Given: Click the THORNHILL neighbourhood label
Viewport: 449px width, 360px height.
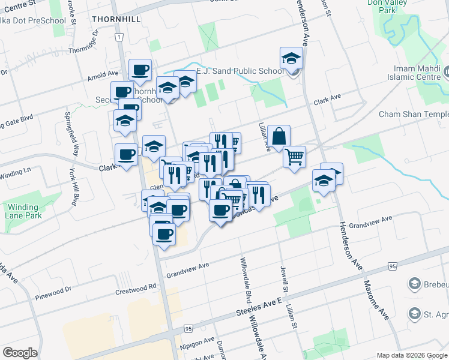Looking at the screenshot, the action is click(116, 19).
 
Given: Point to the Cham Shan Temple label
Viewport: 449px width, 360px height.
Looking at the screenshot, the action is click(414, 115).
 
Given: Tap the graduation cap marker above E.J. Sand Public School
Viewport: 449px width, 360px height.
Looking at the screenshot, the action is click(291, 59).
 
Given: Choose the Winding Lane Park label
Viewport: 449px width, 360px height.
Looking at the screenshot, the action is click(23, 211).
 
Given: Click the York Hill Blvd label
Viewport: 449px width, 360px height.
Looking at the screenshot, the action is click(74, 191).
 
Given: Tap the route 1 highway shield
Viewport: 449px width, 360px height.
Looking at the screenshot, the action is click(120, 37).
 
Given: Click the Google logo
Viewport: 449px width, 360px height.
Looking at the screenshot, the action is click(20, 353).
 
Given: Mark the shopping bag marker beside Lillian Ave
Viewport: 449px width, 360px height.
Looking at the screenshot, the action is click(279, 137).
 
